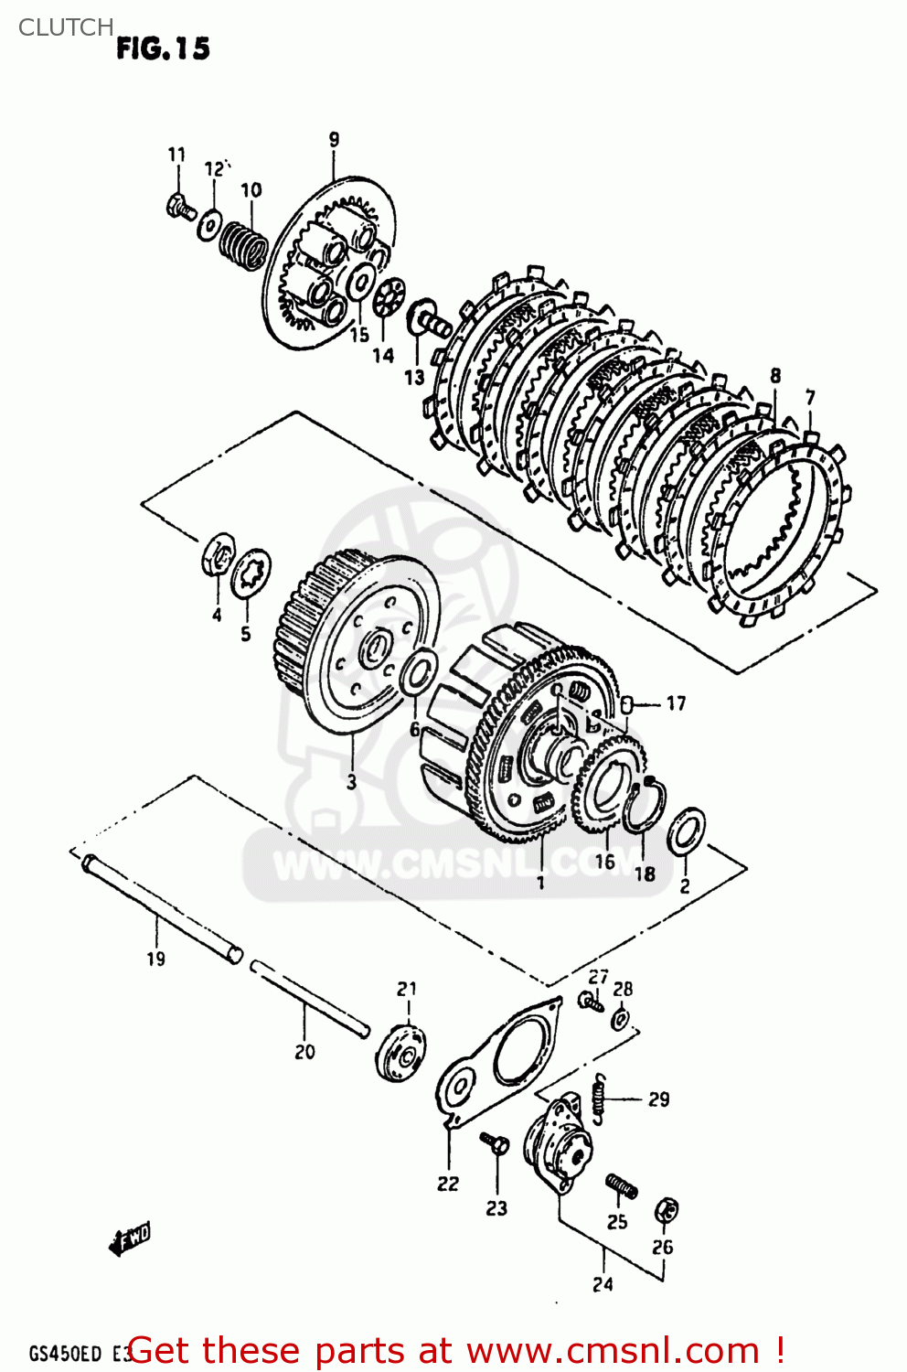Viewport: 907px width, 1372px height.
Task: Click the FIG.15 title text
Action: [x=163, y=48]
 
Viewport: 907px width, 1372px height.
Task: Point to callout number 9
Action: [x=334, y=140]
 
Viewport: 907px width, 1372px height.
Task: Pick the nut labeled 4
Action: [x=217, y=555]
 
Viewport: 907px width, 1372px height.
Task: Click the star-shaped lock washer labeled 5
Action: [x=251, y=573]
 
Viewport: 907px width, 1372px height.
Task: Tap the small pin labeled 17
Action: [x=627, y=704]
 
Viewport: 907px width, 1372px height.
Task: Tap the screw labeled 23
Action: [x=495, y=1143]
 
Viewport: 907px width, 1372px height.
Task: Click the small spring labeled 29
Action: [x=600, y=1098]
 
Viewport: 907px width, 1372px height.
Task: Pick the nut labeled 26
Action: [x=667, y=1211]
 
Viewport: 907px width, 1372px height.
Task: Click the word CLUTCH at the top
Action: [x=66, y=27]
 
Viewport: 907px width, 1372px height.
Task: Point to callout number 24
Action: [x=603, y=1284]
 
